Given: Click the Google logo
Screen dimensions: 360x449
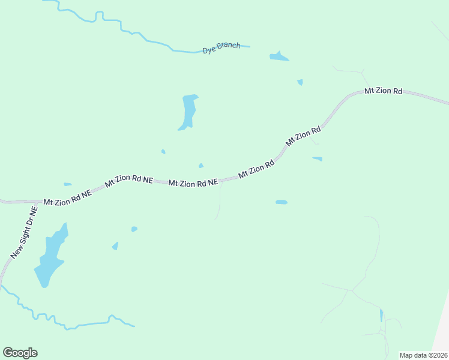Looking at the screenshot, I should pyautogui.click(x=20, y=353).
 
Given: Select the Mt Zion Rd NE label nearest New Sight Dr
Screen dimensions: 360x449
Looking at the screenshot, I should pyautogui.click(x=67, y=198).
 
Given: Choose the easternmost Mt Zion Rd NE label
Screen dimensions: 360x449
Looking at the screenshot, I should pyautogui.click(x=193, y=183).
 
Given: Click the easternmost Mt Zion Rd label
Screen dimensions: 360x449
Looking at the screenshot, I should pyautogui.click(x=384, y=91).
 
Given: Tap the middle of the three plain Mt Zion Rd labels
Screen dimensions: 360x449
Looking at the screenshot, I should pyautogui.click(x=304, y=136).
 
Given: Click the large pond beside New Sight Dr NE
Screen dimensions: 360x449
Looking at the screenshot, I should pyautogui.click(x=50, y=255).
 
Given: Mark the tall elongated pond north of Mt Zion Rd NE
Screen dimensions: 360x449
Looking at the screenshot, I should pyautogui.click(x=188, y=112).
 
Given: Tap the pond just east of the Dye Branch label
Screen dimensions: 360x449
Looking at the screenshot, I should pyautogui.click(x=279, y=57).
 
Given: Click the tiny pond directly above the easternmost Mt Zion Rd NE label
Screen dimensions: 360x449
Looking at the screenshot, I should pyautogui.click(x=200, y=166).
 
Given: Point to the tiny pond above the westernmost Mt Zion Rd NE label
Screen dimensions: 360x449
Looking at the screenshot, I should pyautogui.click(x=67, y=184).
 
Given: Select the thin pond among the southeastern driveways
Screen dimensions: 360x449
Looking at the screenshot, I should pyautogui.click(x=381, y=315).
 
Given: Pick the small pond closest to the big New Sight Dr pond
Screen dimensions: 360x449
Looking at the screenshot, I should pyautogui.click(x=115, y=246).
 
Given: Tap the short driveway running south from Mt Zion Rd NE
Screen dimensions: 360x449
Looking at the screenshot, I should pyautogui.click(x=220, y=201).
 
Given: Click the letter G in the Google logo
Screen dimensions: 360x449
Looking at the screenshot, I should pyautogui.click(x=8, y=353).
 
